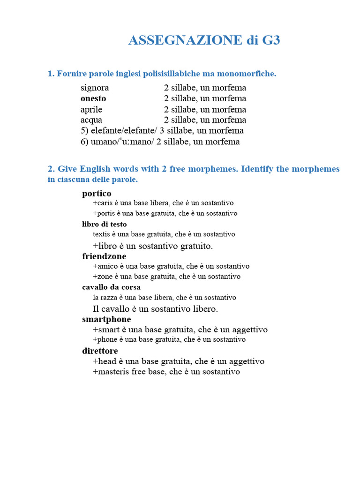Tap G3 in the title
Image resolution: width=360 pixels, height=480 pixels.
tap(271, 41)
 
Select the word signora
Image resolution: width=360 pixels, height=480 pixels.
tap(95, 88)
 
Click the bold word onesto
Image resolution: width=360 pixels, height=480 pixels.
tap(93, 98)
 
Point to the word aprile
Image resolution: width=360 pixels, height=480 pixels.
tap(91, 110)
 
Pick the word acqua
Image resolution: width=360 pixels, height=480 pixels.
tap(91, 120)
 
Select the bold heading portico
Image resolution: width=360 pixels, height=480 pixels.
tap(97, 193)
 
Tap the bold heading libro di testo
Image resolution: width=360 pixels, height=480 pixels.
tap(105, 224)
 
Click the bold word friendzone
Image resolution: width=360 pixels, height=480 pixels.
tap(104, 256)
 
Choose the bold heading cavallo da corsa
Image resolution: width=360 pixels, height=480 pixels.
tap(112, 287)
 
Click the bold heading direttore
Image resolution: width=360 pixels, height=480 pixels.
tap(100, 351)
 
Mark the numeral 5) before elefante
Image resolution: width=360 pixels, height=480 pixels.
tap(84, 131)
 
